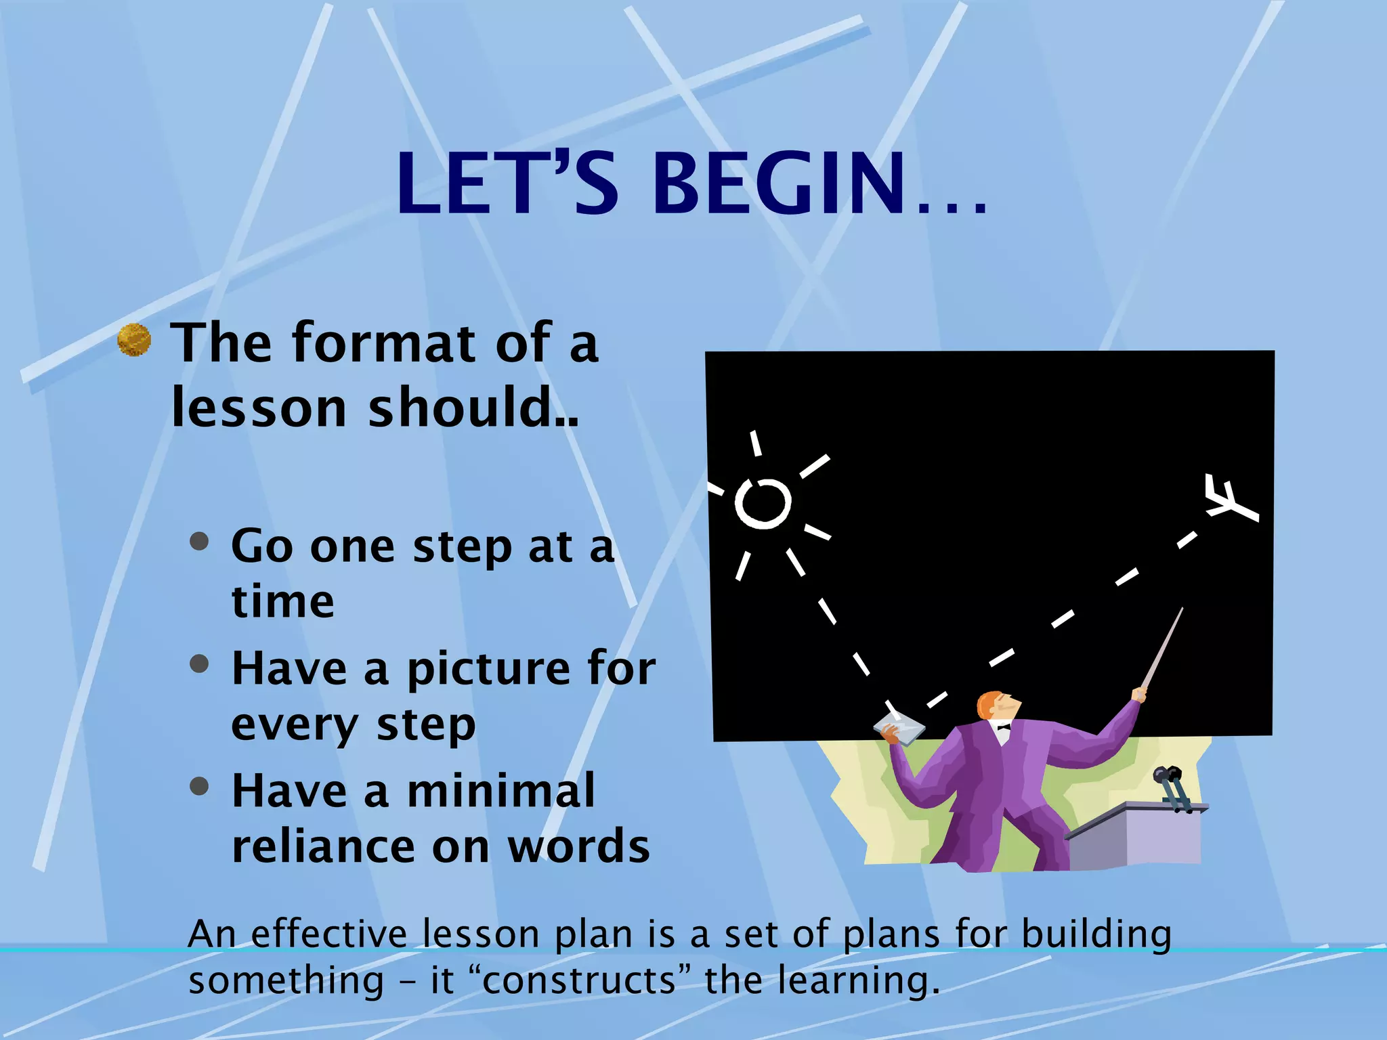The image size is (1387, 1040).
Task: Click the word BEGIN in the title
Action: point(779,184)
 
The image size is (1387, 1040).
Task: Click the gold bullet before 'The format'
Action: point(134,340)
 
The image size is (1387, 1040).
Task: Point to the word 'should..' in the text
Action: point(473,408)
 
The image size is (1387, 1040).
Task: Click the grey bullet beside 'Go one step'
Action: point(199,542)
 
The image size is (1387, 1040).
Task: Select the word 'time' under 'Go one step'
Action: point(282,602)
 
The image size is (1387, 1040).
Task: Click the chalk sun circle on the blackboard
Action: point(763,503)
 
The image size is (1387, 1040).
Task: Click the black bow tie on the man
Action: point(1003,727)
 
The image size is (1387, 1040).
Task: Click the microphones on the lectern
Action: point(1172,785)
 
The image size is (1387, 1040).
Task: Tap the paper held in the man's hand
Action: point(899,730)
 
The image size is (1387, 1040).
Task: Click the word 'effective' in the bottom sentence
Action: point(329,934)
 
